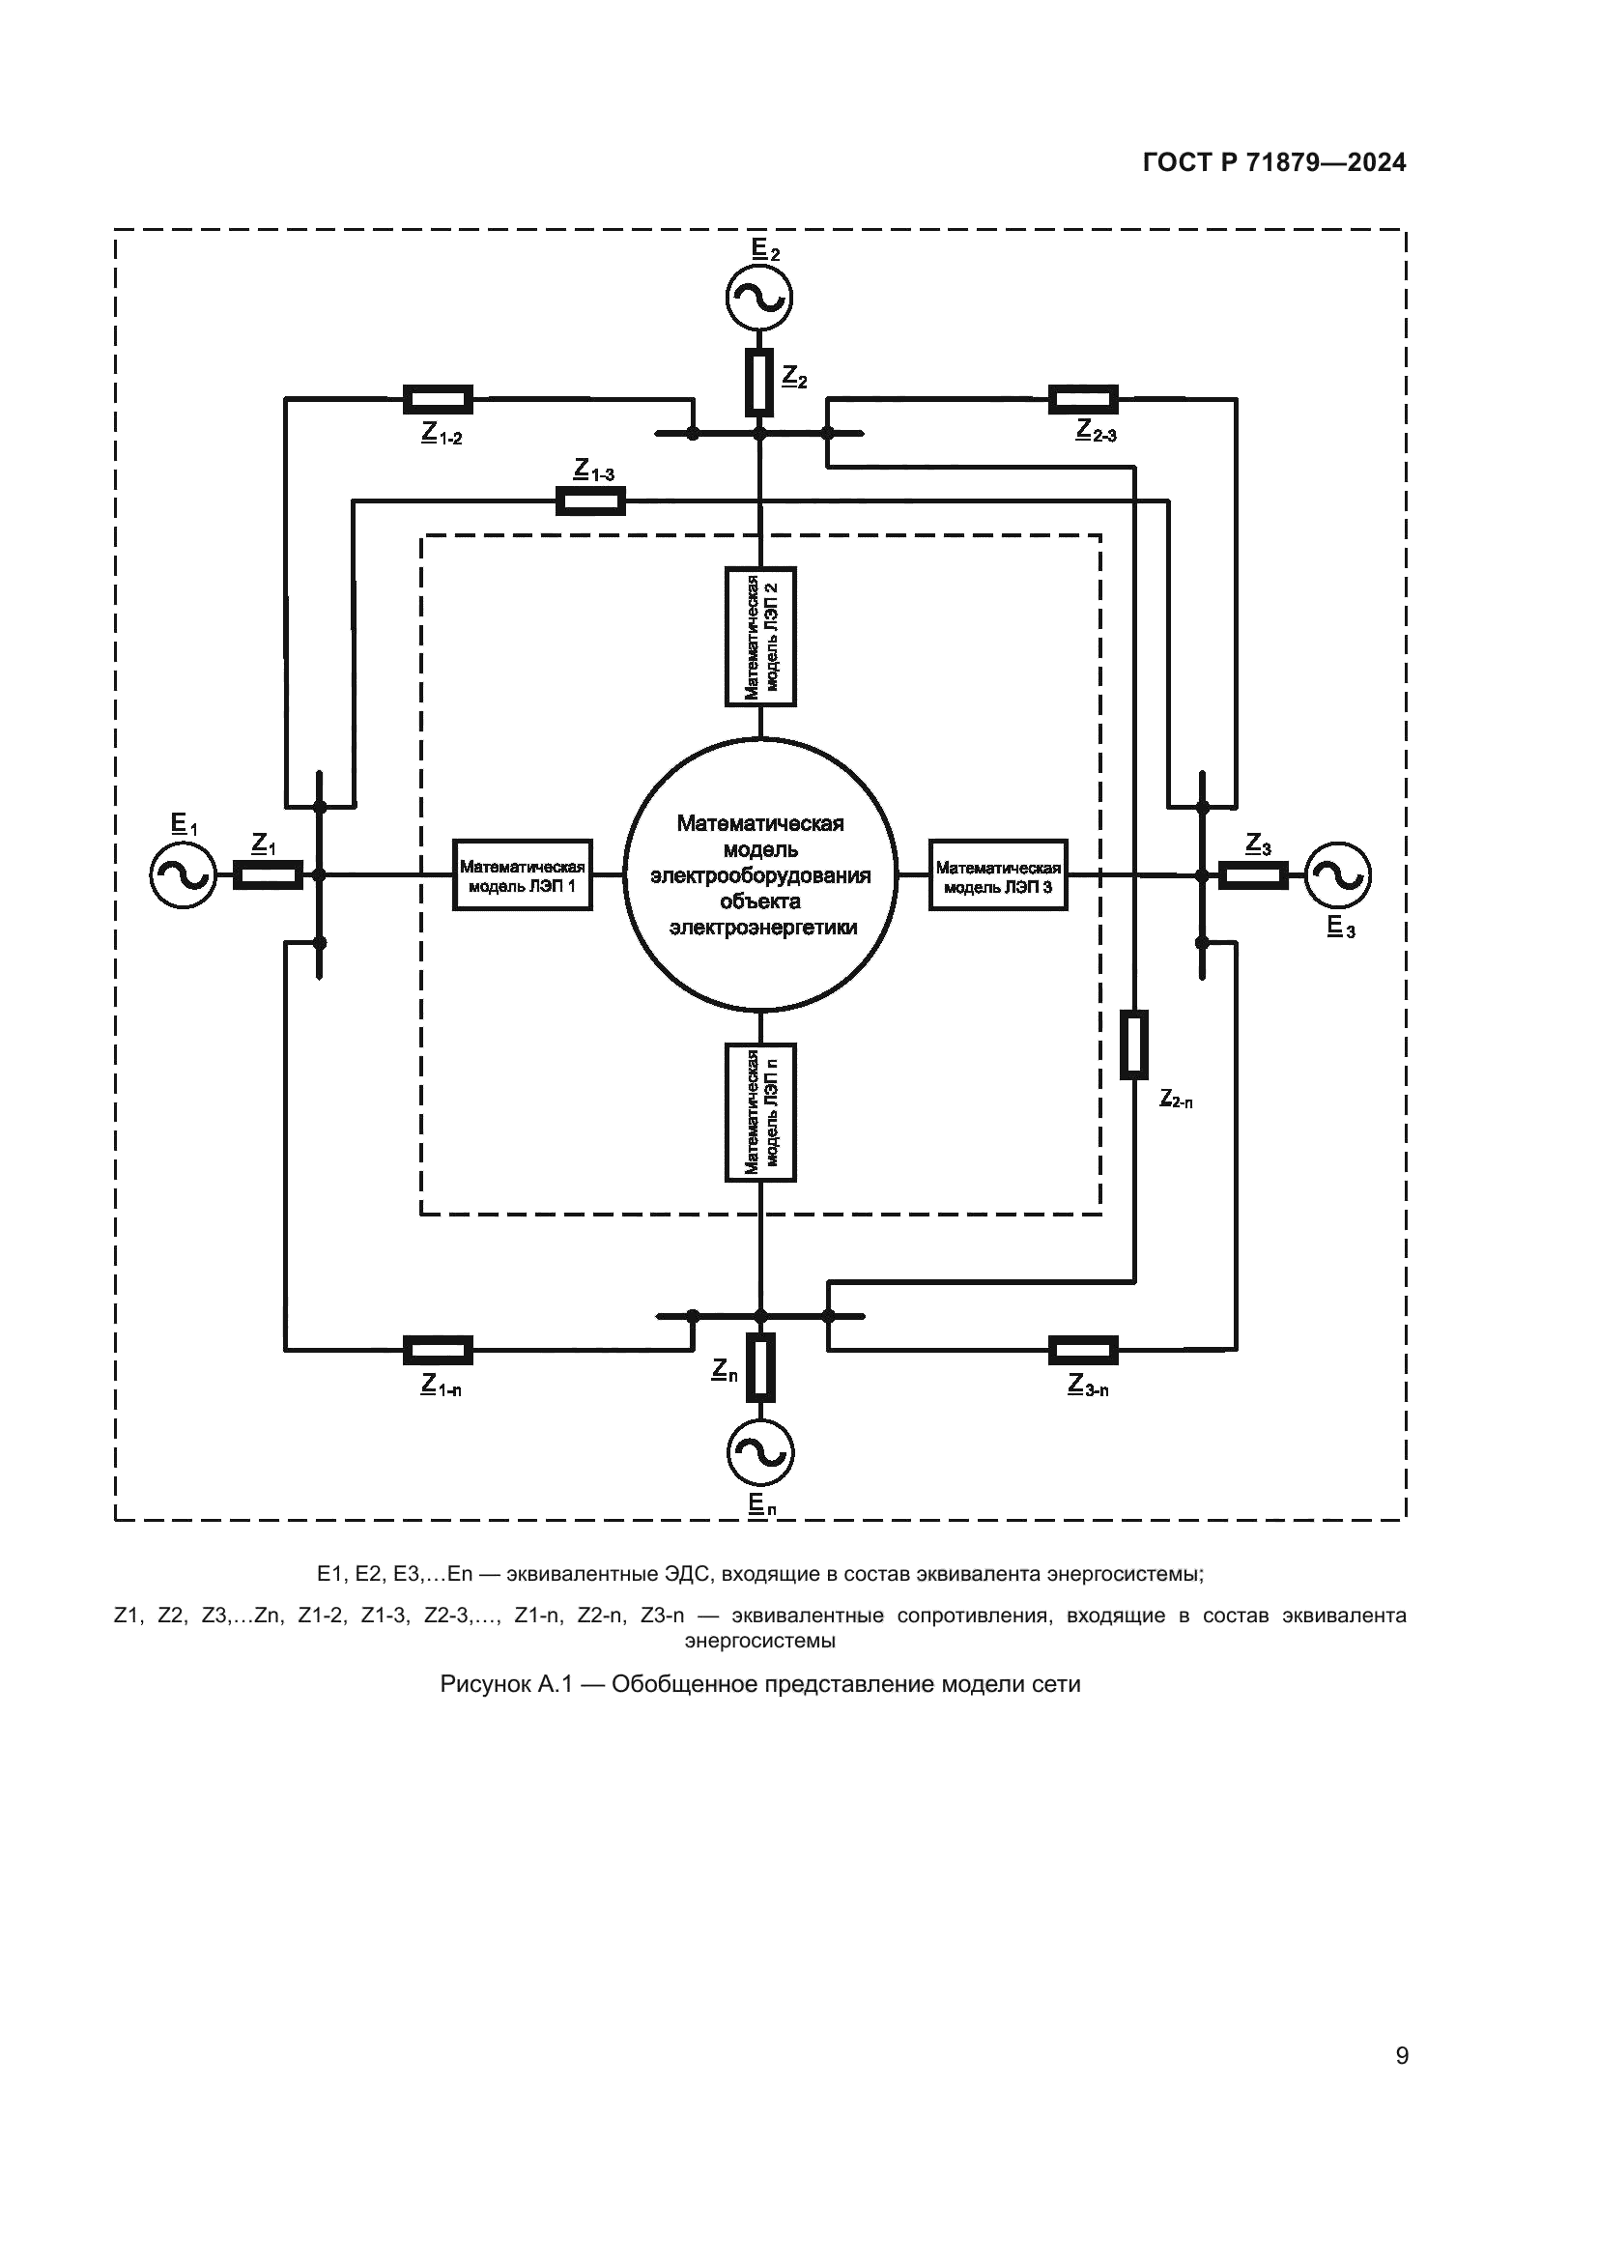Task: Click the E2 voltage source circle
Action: (759, 298)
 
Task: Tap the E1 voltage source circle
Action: (183, 875)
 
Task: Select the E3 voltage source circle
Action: (1337, 875)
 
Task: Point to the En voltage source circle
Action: (759, 1453)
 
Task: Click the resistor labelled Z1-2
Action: (438, 400)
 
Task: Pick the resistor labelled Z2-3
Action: (1083, 400)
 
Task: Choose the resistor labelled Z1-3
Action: (590, 502)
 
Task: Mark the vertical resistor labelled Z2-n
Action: (1134, 1044)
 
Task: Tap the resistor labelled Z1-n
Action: (438, 1352)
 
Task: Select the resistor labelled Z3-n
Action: (1083, 1352)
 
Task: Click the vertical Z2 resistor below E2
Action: (758, 382)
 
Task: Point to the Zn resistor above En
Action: (759, 1367)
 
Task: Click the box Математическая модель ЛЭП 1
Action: (523, 875)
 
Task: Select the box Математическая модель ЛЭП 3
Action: (998, 875)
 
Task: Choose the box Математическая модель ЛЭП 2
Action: (760, 637)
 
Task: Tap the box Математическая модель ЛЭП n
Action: (760, 1112)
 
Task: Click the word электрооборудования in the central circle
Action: (760, 875)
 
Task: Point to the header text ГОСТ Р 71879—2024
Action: (1274, 163)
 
